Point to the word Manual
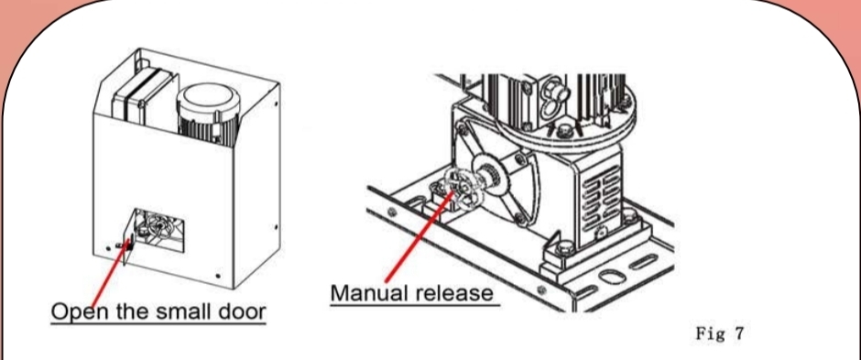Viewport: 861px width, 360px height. pos(369,292)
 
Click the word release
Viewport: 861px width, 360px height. pos(454,292)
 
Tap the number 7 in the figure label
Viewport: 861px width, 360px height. pos(737,333)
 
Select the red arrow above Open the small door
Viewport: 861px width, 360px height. pos(110,274)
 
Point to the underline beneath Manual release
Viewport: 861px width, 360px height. pos(415,305)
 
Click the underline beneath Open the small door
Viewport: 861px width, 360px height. pos(158,323)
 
